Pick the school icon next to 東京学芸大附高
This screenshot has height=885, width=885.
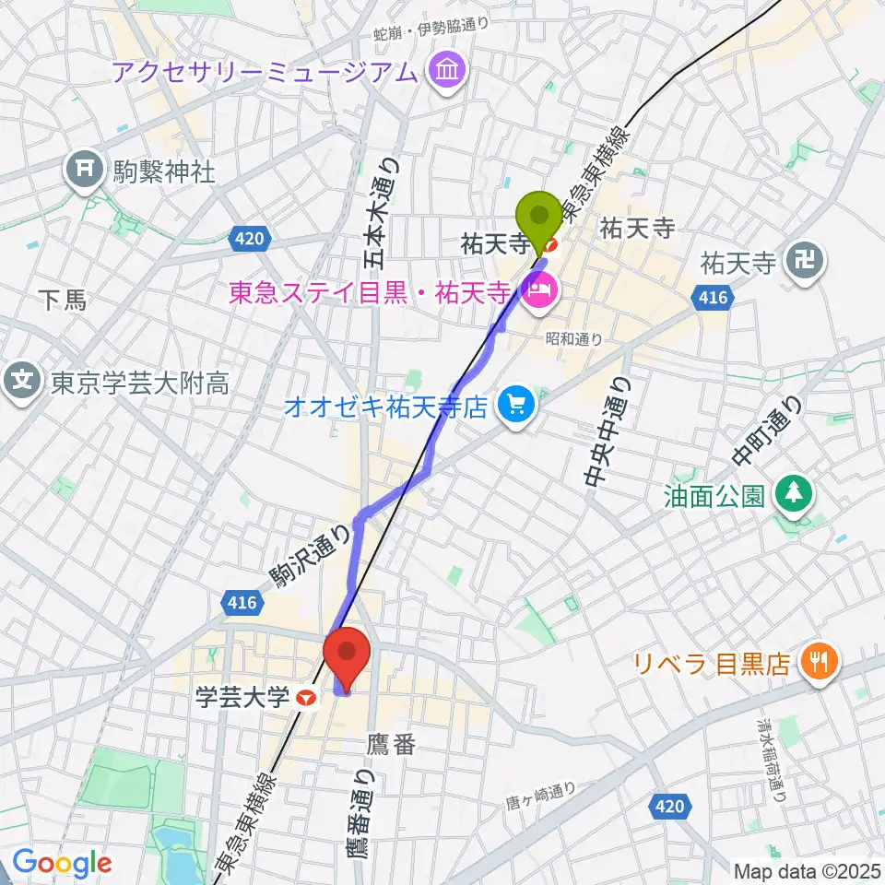[x=23, y=381]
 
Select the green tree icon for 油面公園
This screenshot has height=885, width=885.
[x=791, y=494]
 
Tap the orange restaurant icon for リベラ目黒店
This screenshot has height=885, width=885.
[x=817, y=662]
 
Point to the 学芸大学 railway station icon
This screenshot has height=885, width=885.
[x=308, y=699]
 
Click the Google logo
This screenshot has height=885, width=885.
[x=62, y=864]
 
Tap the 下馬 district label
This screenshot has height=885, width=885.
[x=64, y=298]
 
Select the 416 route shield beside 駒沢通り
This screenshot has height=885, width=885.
[x=242, y=603]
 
